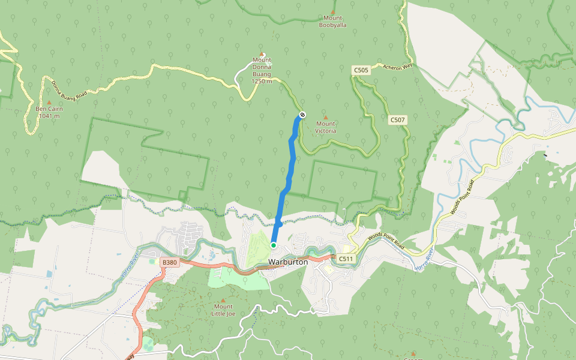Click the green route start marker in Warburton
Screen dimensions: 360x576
coord(273,245)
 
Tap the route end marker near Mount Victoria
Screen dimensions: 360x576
coord(302,115)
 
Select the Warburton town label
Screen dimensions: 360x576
coord(288,262)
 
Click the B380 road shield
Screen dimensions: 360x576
coord(170,262)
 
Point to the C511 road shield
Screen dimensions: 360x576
coord(345,259)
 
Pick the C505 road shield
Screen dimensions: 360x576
coord(361,70)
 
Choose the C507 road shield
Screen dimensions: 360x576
coord(398,120)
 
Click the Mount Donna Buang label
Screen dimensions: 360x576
coord(262,70)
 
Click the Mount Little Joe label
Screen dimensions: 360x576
coord(223,310)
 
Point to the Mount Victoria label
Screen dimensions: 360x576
coord(326,127)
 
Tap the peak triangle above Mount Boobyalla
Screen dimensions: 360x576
coord(333,11)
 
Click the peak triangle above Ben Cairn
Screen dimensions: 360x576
coord(49,102)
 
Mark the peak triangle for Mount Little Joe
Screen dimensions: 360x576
coord(223,300)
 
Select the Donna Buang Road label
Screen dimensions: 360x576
coord(69,89)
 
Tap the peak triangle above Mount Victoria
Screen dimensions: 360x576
coord(326,117)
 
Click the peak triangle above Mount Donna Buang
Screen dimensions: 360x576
coord(262,55)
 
